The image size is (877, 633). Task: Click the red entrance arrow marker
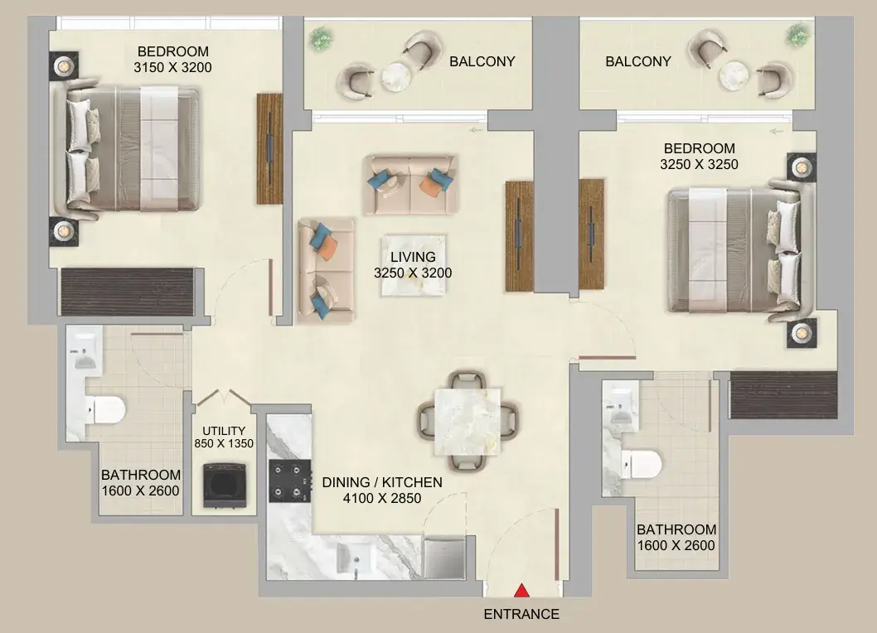coord(522,591)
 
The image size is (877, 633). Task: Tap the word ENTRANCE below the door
coord(521,614)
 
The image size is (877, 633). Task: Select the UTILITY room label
coord(224,431)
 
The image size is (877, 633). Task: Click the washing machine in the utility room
coord(225,484)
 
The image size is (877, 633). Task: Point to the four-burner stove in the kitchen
coord(290,481)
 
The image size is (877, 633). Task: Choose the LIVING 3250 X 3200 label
coord(413,265)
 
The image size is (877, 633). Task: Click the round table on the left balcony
coord(396,76)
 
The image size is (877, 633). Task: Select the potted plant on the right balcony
coord(797,36)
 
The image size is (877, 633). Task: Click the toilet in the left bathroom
coord(105,409)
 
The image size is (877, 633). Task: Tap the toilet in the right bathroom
coord(642,464)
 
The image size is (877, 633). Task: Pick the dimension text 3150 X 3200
coord(172,68)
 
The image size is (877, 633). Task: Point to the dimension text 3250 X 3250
coord(699,164)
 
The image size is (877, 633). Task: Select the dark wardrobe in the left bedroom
coord(128,292)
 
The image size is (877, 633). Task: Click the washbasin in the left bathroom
coord(85,352)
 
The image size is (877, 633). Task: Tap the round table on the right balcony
coord(734,75)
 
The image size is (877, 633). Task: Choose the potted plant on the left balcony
coord(321,39)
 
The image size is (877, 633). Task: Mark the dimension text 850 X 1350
coord(224,443)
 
